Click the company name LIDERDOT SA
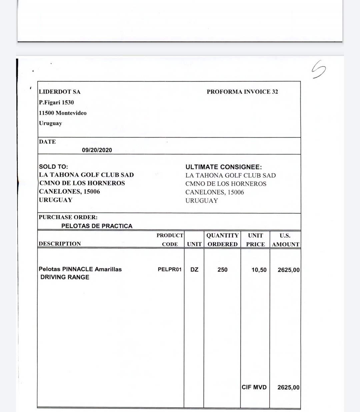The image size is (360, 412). point(60,92)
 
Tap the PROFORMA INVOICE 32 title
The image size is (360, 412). point(242,92)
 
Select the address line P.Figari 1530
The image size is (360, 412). point(56,103)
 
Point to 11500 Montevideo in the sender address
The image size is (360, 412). point(63,113)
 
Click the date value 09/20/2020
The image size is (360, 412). point(97,150)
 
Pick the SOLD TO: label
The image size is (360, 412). point(53,167)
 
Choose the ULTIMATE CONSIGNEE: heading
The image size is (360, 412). point(224,167)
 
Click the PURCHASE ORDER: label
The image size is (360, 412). point(68,217)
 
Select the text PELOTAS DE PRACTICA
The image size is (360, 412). point(97,226)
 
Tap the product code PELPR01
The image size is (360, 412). point(170,269)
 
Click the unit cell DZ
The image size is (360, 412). point(194,270)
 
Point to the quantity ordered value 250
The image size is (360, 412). point(222,270)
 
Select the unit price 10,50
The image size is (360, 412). point(259,270)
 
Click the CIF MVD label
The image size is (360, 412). point(254,387)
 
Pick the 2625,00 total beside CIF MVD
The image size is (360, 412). point(288,387)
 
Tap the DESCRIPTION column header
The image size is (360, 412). point(60,244)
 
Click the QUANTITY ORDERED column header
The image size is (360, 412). point(222,240)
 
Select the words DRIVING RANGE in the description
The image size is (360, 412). point(65,277)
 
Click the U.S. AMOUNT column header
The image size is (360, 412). point(285,240)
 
